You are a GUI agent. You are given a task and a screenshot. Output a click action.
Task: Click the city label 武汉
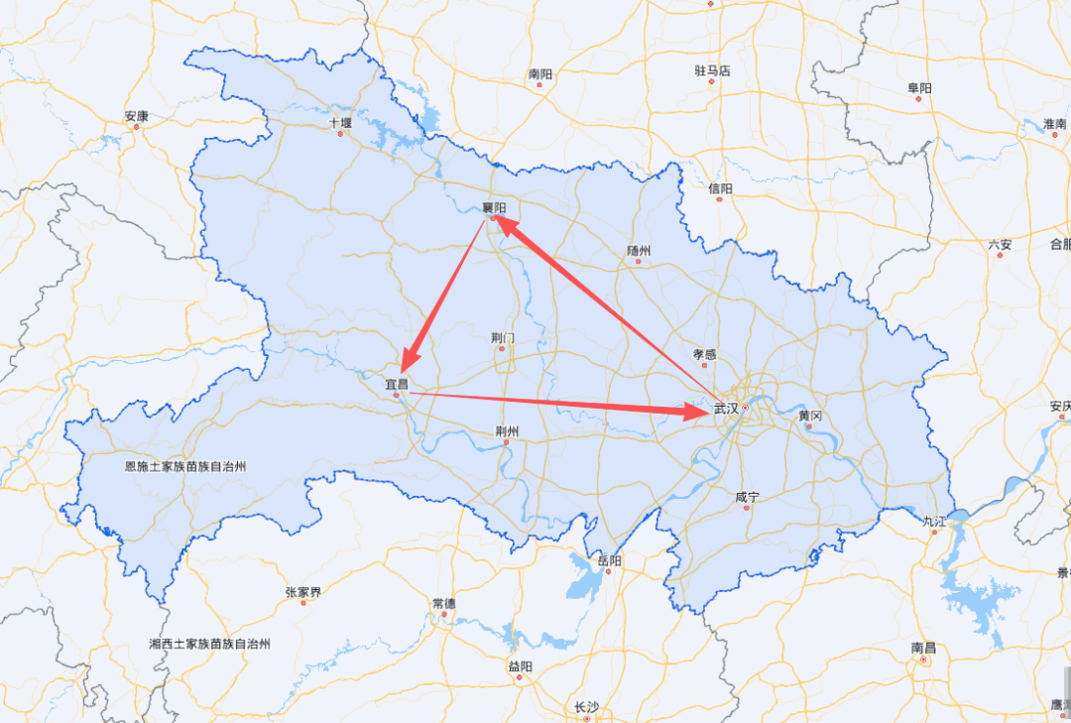coord(726,408)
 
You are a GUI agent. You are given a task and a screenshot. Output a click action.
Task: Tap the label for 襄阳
coord(494,207)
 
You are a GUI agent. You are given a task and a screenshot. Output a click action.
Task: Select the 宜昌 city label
coord(397,383)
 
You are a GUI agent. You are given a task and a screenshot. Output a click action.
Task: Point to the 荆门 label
coord(503,338)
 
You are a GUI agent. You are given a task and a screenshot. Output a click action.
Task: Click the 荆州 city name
coord(506,431)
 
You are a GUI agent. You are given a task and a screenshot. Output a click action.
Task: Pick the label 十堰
coord(340,124)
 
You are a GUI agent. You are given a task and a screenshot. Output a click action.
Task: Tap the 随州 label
coord(640,251)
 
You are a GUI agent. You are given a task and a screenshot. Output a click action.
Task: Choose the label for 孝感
coord(704,354)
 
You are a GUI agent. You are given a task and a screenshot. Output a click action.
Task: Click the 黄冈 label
coord(810,416)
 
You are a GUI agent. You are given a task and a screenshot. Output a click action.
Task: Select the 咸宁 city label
coord(747,497)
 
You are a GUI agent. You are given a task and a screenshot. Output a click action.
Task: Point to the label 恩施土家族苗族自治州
coord(184,465)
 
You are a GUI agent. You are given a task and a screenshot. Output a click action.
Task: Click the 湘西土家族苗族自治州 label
coord(210,644)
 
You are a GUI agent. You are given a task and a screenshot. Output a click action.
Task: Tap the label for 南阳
coord(540,73)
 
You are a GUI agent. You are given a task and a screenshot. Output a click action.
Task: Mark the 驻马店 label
coord(712,70)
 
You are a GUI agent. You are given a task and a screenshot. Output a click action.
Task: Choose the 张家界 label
coord(303,592)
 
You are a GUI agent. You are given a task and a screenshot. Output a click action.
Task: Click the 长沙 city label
coord(586,707)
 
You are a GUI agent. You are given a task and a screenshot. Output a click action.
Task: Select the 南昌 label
coord(923,648)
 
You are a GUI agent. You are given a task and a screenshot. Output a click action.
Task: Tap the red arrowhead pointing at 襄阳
coord(505,225)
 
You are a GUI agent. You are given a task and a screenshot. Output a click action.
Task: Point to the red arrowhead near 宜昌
coord(409,356)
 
